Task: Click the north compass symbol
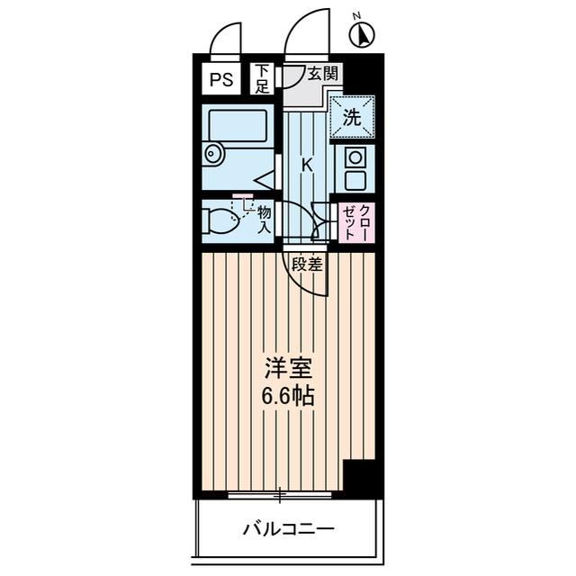click(362, 34)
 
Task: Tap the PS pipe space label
click(221, 79)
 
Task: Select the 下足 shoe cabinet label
click(262, 78)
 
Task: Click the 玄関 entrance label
click(322, 75)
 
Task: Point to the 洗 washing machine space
click(352, 117)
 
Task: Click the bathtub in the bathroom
click(238, 125)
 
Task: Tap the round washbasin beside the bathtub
click(213, 154)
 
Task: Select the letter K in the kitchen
click(307, 166)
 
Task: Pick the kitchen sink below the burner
click(355, 180)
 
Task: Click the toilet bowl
click(220, 220)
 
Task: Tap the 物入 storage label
click(264, 220)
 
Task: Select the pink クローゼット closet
click(356, 222)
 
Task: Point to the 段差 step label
click(307, 264)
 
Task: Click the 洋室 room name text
click(289, 368)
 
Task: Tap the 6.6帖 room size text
click(288, 396)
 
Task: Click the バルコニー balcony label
click(289, 529)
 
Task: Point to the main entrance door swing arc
click(296, 26)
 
